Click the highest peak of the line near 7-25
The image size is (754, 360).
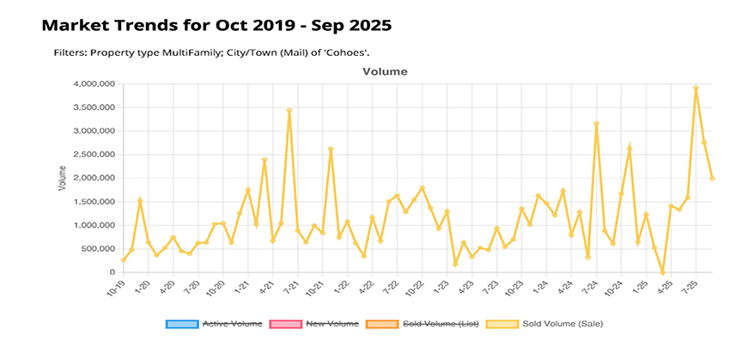(x=696, y=87)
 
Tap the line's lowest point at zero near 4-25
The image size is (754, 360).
(x=662, y=272)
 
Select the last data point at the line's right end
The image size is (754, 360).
(x=712, y=179)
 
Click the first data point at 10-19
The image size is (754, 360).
(x=123, y=260)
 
